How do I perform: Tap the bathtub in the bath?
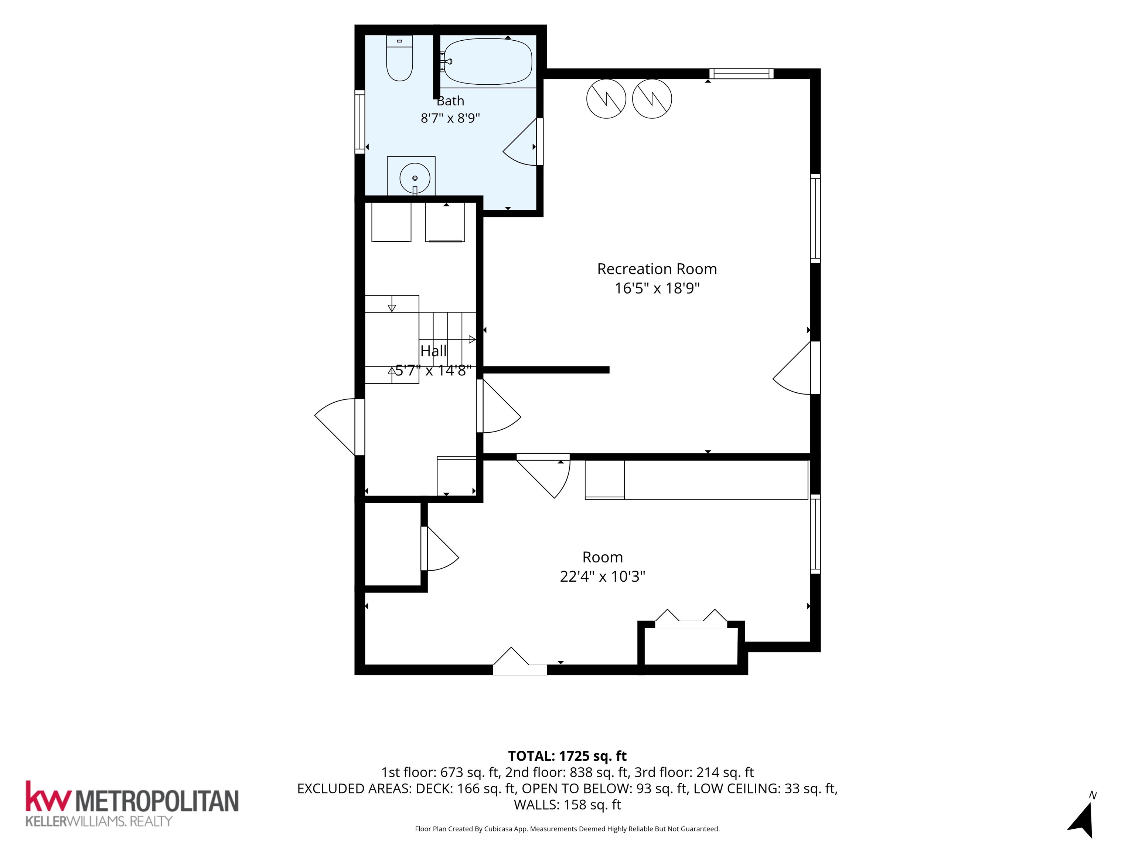[487, 62]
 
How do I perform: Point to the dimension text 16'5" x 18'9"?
[657, 288]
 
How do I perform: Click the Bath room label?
[450, 101]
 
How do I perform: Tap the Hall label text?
[434, 351]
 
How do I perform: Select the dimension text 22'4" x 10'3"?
[602, 576]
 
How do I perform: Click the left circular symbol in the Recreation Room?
[606, 99]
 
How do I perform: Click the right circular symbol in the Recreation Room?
[652, 99]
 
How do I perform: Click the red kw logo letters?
[47, 796]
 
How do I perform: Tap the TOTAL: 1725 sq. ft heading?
[567, 755]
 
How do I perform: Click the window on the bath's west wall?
[360, 122]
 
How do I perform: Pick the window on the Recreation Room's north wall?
[741, 74]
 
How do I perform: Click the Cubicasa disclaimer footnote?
[567, 828]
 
